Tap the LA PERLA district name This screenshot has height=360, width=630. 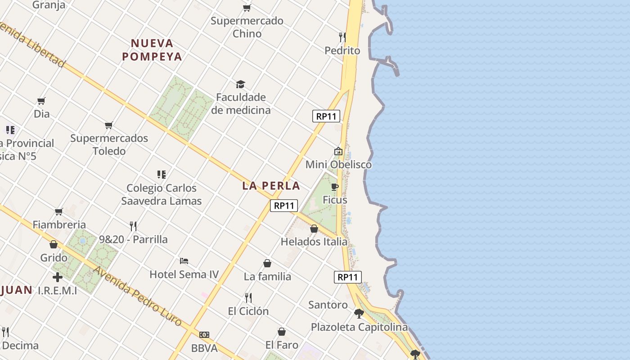point(271,185)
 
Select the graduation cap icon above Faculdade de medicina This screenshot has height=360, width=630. point(241,84)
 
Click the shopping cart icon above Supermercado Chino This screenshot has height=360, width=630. point(247,8)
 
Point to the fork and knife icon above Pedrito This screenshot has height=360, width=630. point(342,37)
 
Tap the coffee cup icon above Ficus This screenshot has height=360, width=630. point(335,187)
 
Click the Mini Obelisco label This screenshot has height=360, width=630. point(338,164)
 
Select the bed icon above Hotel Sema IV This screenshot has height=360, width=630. point(184,261)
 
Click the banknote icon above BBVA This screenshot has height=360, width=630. point(204,335)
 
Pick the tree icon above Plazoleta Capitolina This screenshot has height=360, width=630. point(359,313)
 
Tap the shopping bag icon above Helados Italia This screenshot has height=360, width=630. point(314,229)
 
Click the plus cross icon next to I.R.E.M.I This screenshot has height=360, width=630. point(58,277)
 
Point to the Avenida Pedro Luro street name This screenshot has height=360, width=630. point(137,296)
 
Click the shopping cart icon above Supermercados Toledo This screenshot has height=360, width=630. point(109,125)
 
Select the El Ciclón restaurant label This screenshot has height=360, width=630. point(248,311)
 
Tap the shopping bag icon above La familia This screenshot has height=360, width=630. point(267,263)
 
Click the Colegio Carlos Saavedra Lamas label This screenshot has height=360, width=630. point(162,194)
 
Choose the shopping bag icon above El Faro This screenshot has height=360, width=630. point(282,332)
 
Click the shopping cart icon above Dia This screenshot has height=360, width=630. point(41,101)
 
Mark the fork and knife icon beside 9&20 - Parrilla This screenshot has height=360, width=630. point(133,225)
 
